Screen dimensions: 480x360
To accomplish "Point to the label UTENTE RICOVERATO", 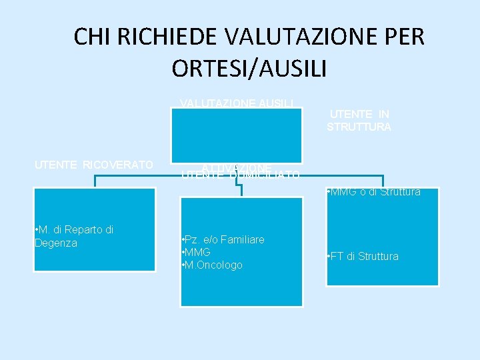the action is (x=94, y=165).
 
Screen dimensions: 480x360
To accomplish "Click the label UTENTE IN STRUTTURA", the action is (x=359, y=121).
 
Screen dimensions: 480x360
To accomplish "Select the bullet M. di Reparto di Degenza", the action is (x=74, y=236).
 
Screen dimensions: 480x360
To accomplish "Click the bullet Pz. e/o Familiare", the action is (x=223, y=239).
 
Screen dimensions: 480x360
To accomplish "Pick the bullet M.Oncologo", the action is (x=212, y=265).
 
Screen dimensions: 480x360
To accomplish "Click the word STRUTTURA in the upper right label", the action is (x=359, y=127).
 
